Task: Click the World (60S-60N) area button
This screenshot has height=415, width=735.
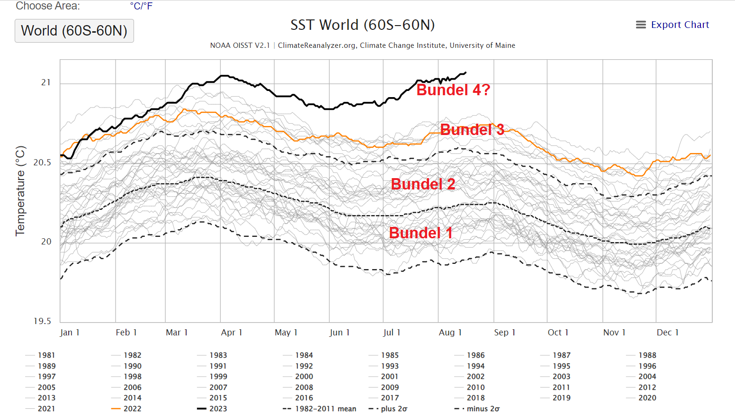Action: tap(74, 31)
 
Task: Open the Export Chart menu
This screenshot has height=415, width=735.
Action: tap(672, 25)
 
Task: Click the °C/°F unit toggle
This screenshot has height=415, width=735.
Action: tap(141, 6)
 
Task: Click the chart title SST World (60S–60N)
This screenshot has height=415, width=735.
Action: tap(362, 25)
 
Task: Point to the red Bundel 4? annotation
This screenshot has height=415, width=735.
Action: tap(453, 90)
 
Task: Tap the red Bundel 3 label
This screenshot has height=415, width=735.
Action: tap(472, 130)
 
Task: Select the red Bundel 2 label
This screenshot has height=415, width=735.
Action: tap(423, 184)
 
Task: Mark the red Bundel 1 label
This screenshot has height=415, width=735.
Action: tap(421, 233)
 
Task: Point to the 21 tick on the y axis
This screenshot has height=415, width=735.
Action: tap(46, 83)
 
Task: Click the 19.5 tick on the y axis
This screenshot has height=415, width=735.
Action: tap(42, 321)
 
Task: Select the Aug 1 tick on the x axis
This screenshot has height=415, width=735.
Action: tap(450, 333)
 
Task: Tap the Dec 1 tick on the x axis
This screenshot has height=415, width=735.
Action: tap(667, 333)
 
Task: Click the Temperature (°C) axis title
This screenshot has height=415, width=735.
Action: tap(20, 191)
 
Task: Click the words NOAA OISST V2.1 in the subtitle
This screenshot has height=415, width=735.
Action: tap(240, 45)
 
